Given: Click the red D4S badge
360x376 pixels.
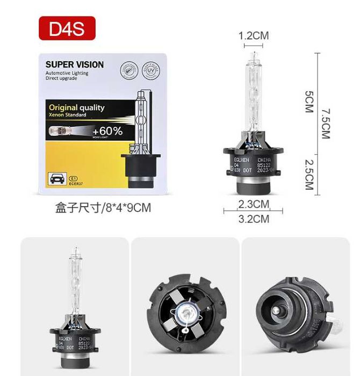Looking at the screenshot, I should (67, 28).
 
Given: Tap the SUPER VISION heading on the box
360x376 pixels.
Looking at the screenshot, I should (75, 64).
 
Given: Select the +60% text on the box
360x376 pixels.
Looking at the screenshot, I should (107, 131).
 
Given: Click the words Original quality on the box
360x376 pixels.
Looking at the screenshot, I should (76, 107).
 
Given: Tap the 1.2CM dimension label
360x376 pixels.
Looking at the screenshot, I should (254, 36).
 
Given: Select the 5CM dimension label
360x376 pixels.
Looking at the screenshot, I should (308, 100).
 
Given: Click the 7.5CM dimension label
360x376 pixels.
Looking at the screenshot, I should (325, 124).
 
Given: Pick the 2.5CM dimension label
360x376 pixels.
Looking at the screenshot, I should (308, 174).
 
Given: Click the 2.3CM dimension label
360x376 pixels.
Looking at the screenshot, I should (253, 204).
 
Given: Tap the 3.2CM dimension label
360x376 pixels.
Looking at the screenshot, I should (253, 219).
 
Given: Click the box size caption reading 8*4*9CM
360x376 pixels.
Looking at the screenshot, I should (103, 207).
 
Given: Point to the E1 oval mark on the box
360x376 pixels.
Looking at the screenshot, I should (75, 176).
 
